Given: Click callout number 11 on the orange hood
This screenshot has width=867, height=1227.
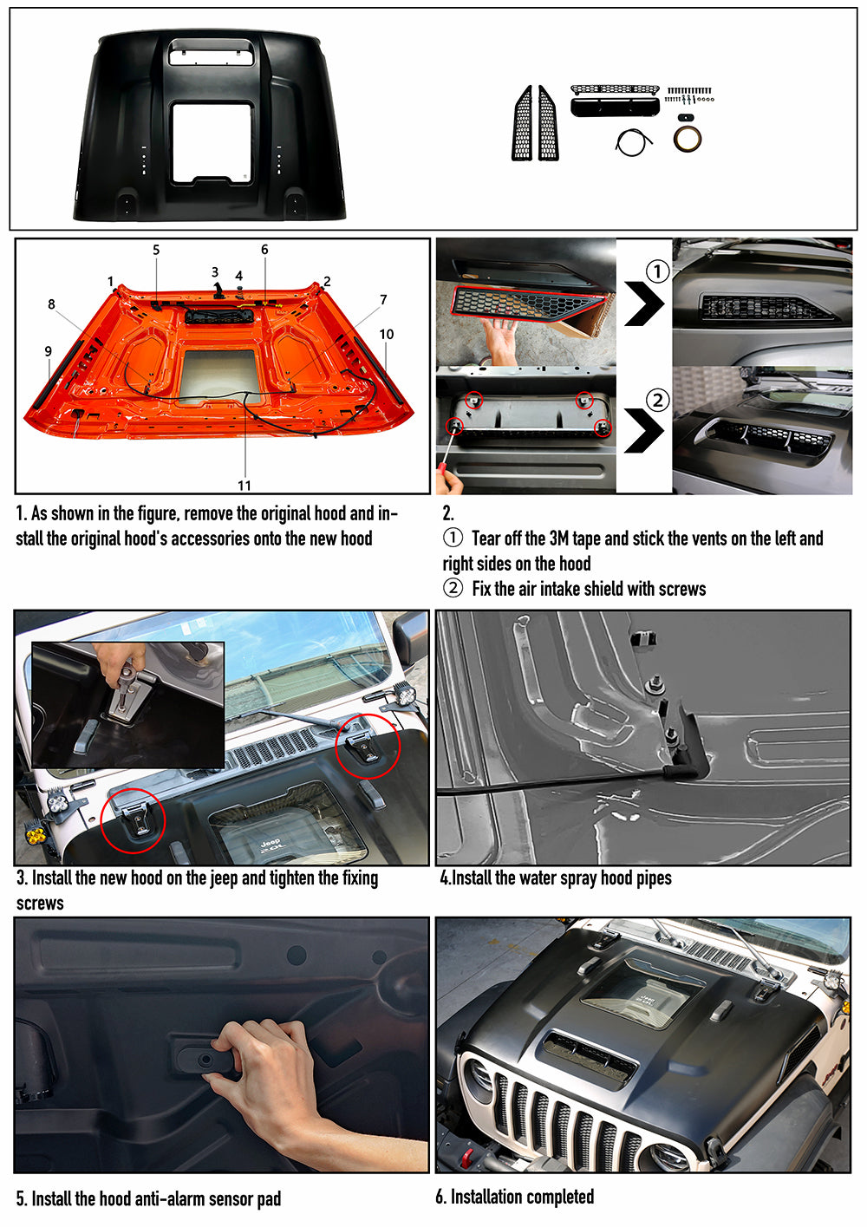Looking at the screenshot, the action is pos(244,486).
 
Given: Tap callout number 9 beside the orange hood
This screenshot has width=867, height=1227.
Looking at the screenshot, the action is pos(49,351).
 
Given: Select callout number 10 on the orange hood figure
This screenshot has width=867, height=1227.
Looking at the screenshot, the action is pos(386,334).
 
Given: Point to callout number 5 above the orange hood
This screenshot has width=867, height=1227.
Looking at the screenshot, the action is pos(156,250).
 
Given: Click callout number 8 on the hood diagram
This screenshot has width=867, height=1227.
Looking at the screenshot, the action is pos(51,304).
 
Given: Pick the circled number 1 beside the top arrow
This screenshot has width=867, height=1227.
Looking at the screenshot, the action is pos(658,271).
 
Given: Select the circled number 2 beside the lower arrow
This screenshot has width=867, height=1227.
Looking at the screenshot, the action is pos(658,400).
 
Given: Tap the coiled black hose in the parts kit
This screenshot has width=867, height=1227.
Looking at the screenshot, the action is pos(634,142).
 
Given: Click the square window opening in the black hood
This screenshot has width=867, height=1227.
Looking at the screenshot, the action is pos(212,142).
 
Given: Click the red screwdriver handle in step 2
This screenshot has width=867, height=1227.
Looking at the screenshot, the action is pos(441,473).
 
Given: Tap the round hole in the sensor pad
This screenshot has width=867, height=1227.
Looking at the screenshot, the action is pos(206,1060).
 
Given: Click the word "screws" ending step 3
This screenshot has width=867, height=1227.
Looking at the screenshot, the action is pos(40,904).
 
